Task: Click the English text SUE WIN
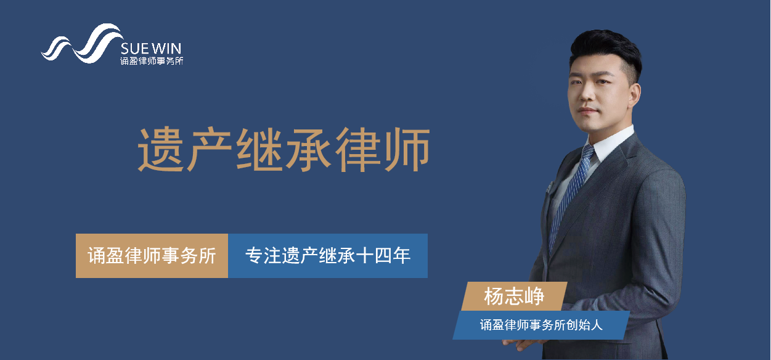click(151, 49)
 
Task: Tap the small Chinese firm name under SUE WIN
click(152, 61)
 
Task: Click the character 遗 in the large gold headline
click(161, 149)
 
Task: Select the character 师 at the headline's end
click(407, 149)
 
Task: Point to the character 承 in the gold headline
click(309, 149)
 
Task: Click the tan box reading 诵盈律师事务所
click(152, 256)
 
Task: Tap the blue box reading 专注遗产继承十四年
click(328, 256)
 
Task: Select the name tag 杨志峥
click(514, 297)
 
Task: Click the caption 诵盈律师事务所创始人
click(541, 325)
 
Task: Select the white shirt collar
click(610, 143)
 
